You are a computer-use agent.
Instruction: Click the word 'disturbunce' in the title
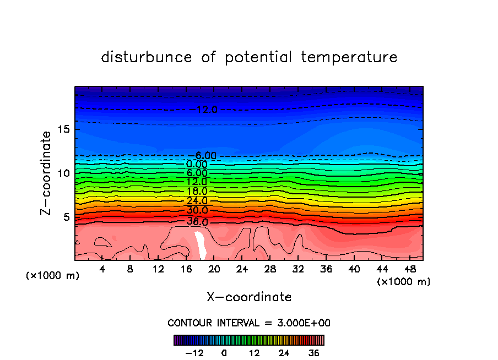coord(147,57)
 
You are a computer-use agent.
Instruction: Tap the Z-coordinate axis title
coord(47,173)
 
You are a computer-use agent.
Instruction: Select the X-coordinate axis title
coord(249,297)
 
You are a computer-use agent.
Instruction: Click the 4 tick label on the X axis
coord(102,270)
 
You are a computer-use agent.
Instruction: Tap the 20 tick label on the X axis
coord(214,270)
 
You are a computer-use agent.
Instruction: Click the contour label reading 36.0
coord(197,222)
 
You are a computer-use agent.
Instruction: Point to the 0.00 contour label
coord(197,164)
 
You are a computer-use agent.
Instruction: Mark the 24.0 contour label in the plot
coord(197,201)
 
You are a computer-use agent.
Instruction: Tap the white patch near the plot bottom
coord(200,246)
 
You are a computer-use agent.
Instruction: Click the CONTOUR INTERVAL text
coord(249,323)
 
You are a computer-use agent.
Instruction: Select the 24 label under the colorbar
coord(284,353)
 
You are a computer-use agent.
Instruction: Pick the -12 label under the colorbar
coord(194,353)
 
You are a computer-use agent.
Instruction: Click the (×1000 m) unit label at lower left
coord(53,276)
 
